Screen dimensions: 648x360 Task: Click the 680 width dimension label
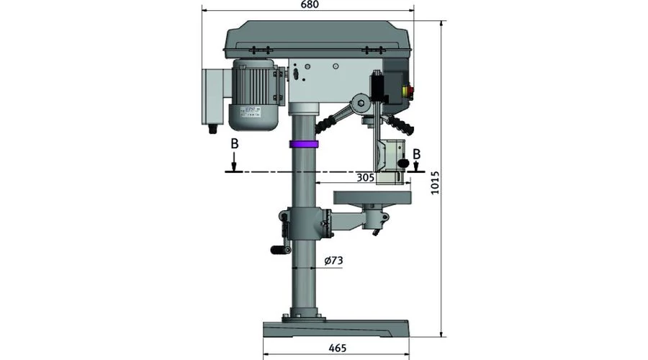[x=310, y=4]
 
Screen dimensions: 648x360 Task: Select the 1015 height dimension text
[x=435, y=183]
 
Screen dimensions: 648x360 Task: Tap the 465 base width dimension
[x=337, y=348]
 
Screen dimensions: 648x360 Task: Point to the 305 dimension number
[x=365, y=177]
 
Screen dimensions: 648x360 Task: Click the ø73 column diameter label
[x=333, y=261]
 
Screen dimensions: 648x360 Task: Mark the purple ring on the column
[x=304, y=144]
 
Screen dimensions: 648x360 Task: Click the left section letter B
[x=234, y=144]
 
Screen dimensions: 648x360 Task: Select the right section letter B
[x=417, y=154]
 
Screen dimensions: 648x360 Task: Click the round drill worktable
[x=373, y=197]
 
